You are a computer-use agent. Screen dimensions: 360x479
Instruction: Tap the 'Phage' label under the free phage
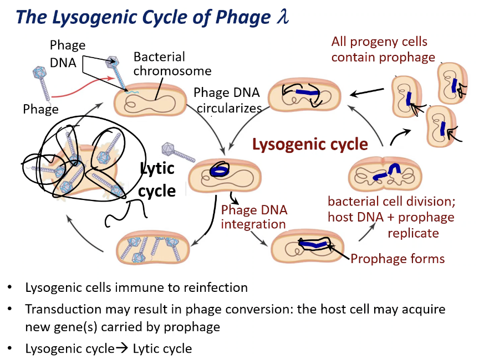[x=40, y=109]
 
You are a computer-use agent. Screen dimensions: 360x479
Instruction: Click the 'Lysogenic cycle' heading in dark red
[x=310, y=145]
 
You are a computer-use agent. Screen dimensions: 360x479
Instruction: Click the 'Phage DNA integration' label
[x=253, y=217]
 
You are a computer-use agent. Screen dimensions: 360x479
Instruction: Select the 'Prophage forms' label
[x=398, y=259]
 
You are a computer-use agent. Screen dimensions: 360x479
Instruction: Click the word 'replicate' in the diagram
[x=413, y=233]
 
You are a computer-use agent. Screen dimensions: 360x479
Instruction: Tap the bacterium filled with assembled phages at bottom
[x=150, y=246]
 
